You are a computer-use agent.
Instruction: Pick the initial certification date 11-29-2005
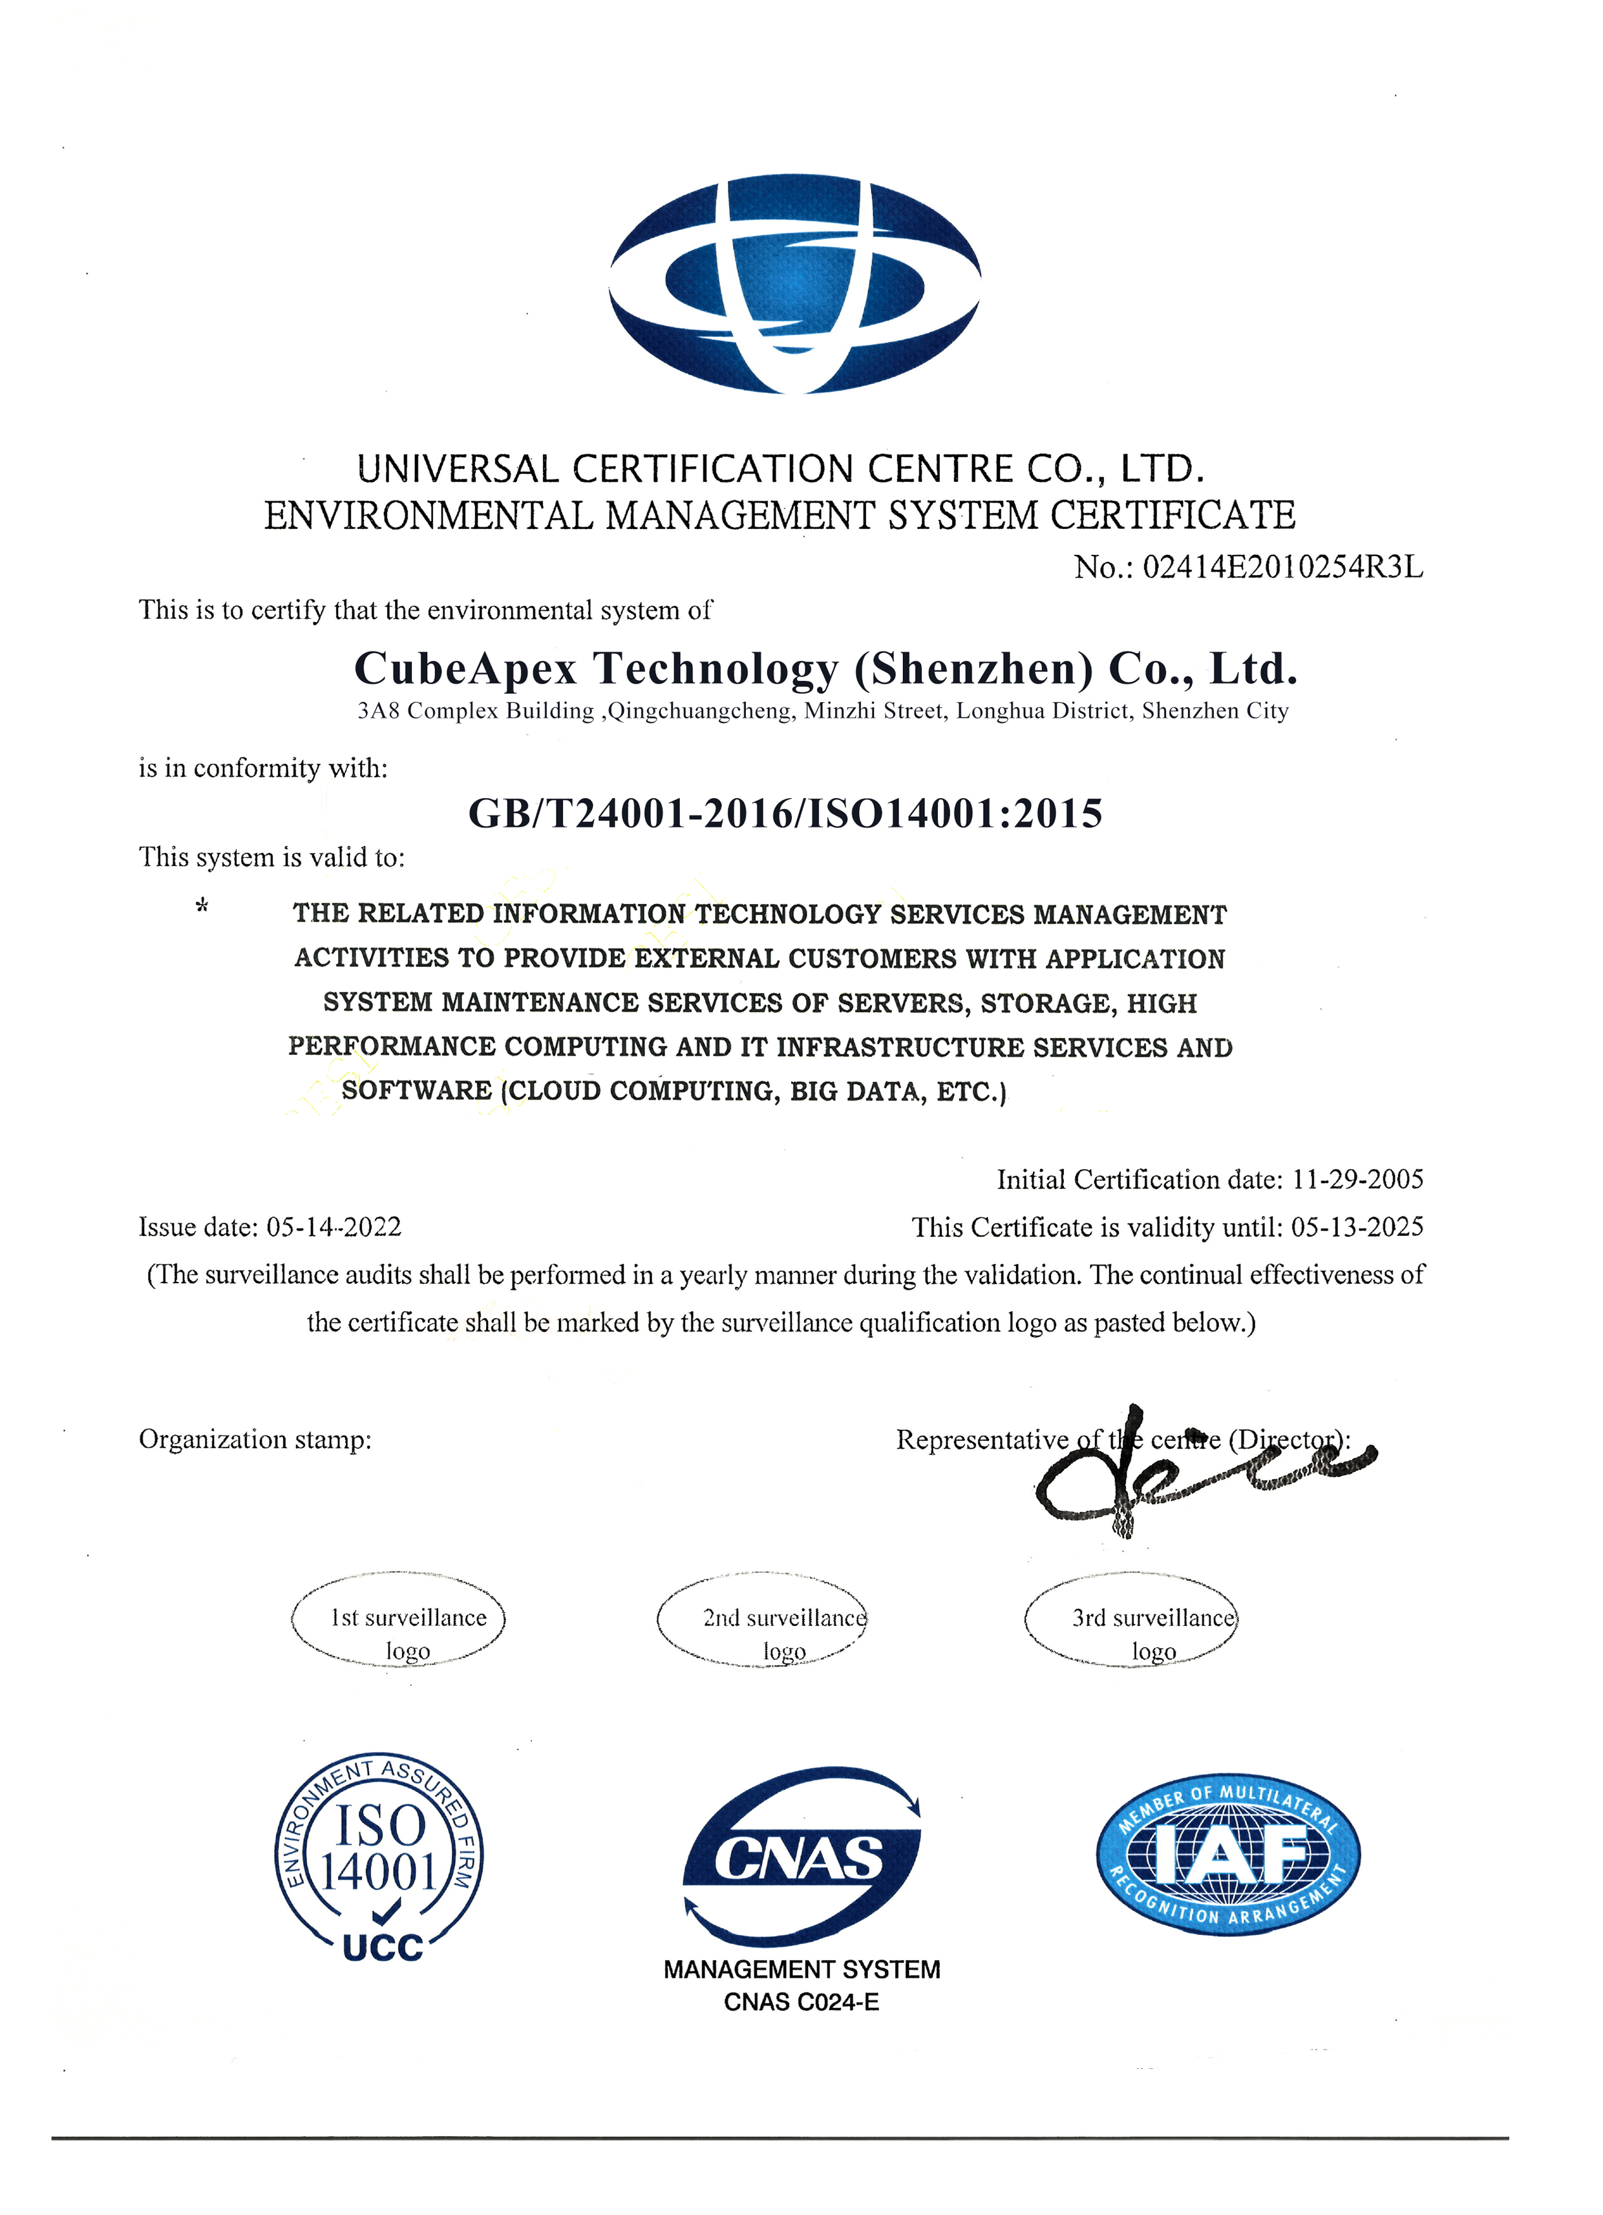coord(1357,1180)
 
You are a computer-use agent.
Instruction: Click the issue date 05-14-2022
coord(334,1227)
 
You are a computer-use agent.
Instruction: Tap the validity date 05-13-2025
coord(1357,1227)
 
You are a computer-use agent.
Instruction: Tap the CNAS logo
coord(800,1855)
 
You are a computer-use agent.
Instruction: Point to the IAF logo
coord(1228,1853)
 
